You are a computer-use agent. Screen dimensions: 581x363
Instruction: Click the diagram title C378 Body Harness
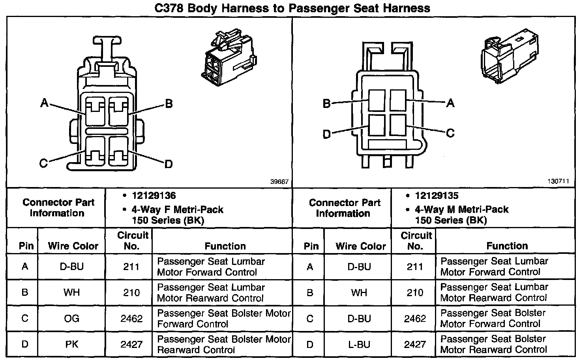[x=292, y=8]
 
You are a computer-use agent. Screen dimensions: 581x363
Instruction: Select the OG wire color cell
[x=71, y=318]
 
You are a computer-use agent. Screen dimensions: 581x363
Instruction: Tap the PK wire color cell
[x=71, y=344]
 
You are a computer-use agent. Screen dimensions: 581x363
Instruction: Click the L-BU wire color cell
[x=359, y=344]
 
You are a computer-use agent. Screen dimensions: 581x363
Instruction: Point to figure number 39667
[x=279, y=182]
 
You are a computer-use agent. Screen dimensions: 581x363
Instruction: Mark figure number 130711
[x=558, y=181]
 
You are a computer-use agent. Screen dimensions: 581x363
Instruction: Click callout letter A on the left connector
[x=44, y=104]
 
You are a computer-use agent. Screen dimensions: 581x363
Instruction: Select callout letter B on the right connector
[x=326, y=104]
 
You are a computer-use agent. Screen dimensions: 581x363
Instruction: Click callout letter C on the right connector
[x=450, y=133]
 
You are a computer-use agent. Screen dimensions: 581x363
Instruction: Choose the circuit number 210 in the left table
[x=131, y=293]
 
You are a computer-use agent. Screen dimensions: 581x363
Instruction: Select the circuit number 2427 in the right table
[x=415, y=344]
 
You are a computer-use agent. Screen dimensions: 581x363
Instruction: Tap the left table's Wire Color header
[x=73, y=246]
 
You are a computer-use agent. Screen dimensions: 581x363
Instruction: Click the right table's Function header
[x=507, y=246]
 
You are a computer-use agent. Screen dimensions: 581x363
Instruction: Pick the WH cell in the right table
[x=359, y=293]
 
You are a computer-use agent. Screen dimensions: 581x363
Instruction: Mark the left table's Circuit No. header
[x=132, y=240]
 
